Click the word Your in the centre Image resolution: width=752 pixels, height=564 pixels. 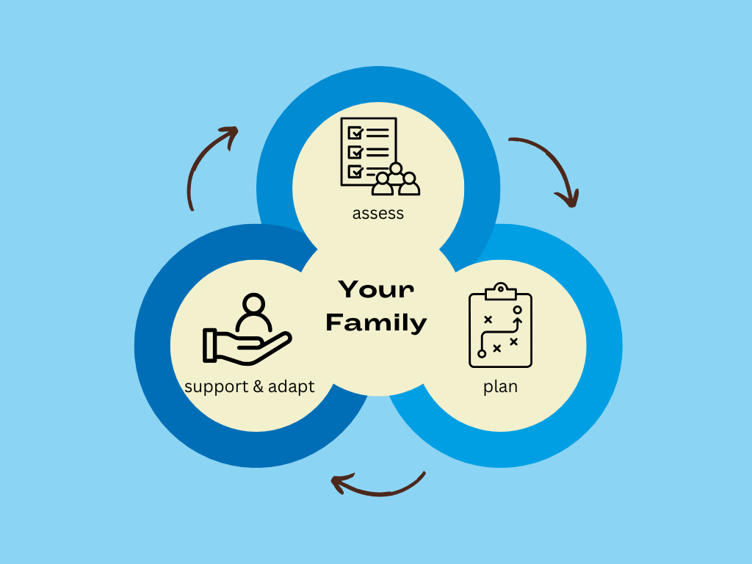(376, 289)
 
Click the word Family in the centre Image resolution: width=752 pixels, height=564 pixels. (376, 322)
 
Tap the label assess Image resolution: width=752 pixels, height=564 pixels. (378, 214)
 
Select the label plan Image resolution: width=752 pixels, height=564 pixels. (500, 386)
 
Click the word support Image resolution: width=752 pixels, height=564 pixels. (217, 386)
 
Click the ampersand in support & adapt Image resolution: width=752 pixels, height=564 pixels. (258, 386)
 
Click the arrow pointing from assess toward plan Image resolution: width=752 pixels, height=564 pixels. (547, 167)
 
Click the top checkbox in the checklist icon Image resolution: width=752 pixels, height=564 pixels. (356, 133)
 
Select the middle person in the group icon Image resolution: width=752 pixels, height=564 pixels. (396, 175)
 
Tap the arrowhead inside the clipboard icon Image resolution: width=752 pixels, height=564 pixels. (517, 320)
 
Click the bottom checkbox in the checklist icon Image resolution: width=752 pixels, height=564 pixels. (356, 171)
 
